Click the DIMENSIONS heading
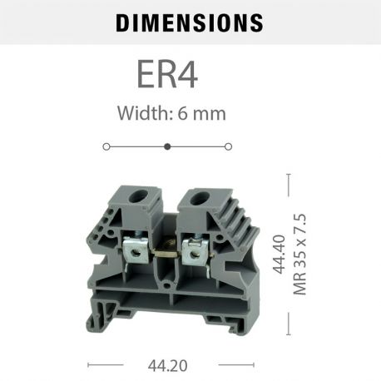[x=190, y=22]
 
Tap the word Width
[x=142, y=114]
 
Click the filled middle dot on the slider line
[x=167, y=146]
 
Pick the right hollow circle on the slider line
[x=229, y=146]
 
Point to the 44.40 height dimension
[x=280, y=255]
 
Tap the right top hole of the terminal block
[x=200, y=200]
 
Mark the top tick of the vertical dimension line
[x=289, y=174]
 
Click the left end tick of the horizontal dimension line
[x=88, y=364]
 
